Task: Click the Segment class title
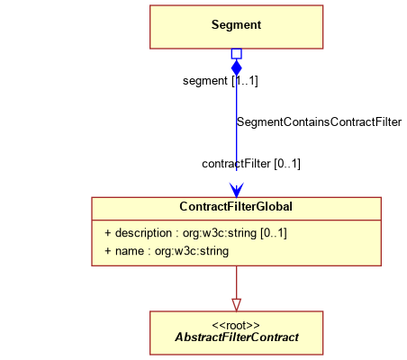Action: click(x=236, y=24)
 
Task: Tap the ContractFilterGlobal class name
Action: click(x=236, y=206)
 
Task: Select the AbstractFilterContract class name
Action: click(x=237, y=337)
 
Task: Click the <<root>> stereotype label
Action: click(x=236, y=326)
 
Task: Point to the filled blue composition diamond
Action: click(x=237, y=67)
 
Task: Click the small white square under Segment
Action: click(x=237, y=54)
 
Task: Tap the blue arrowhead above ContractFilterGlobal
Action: click(x=237, y=190)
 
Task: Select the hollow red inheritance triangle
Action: click(x=237, y=305)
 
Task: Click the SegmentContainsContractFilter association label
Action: click(x=319, y=122)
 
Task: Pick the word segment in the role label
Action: click(x=205, y=81)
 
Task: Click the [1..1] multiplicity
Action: click(x=245, y=81)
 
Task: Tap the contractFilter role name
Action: click(x=236, y=164)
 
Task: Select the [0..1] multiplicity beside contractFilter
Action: click(x=287, y=164)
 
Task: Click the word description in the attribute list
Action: click(x=143, y=233)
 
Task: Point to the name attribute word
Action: click(x=130, y=251)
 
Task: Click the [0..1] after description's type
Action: click(x=274, y=233)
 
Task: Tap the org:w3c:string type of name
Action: click(x=192, y=251)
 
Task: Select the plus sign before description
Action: click(x=108, y=233)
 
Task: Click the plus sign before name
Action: click(x=108, y=251)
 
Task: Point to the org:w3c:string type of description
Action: click(x=220, y=233)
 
